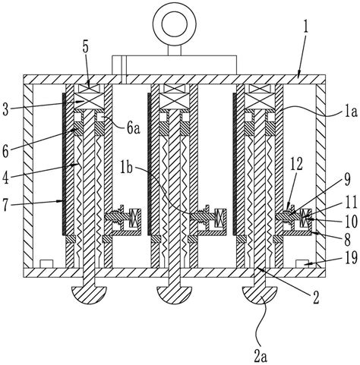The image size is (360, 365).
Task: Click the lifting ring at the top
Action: [175, 14]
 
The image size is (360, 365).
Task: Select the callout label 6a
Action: [134, 128]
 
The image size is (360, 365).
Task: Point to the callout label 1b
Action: [126, 168]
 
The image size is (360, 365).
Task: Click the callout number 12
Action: [296, 165]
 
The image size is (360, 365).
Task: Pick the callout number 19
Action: [352, 258]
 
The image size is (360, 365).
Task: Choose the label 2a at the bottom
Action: [261, 357]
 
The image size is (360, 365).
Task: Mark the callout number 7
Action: [7, 205]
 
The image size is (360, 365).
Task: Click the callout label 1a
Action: [351, 112]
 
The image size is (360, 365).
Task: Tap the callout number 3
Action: [5, 110]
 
